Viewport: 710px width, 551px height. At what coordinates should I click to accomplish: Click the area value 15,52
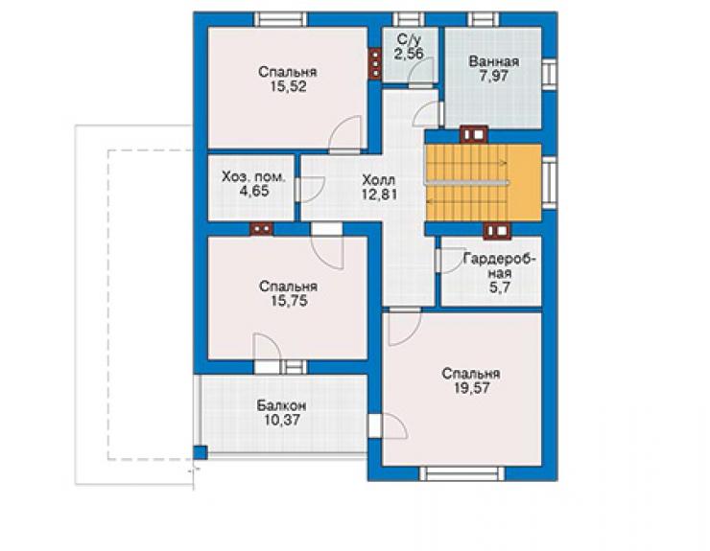(x=288, y=86)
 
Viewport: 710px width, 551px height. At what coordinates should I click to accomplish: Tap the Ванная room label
(x=494, y=61)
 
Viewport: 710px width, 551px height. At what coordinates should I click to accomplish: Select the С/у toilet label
(x=409, y=39)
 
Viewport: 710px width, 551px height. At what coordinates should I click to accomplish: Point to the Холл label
(x=379, y=180)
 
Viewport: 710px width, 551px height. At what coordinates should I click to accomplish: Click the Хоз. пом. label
(x=253, y=177)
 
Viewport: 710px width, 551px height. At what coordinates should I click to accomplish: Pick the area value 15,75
(x=289, y=301)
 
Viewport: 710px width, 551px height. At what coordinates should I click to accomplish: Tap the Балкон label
(x=282, y=405)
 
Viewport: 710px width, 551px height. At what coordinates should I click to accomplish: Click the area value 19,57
(x=471, y=388)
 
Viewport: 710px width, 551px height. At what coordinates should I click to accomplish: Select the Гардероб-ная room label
(x=500, y=266)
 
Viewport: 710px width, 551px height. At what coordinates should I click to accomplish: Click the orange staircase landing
(x=524, y=182)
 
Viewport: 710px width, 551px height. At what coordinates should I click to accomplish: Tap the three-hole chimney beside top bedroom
(x=375, y=64)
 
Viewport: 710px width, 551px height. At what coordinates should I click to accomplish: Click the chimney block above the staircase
(x=474, y=134)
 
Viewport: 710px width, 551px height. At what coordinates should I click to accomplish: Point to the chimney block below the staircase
(x=497, y=231)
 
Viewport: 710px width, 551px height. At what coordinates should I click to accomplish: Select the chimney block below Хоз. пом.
(x=262, y=229)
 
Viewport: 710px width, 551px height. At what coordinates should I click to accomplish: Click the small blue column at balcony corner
(x=200, y=452)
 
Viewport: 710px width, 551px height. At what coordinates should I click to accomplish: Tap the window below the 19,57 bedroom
(x=461, y=473)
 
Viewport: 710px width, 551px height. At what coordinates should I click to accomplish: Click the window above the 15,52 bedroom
(x=281, y=19)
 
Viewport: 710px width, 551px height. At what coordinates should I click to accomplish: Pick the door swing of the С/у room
(x=421, y=73)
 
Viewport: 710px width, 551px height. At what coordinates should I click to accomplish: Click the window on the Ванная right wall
(x=549, y=74)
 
